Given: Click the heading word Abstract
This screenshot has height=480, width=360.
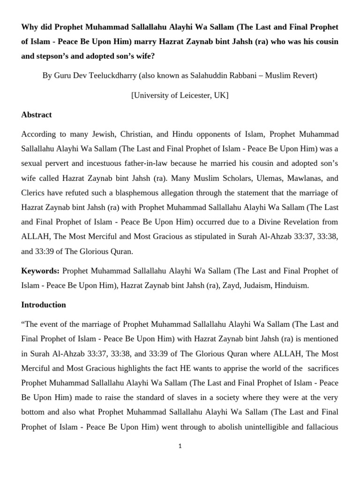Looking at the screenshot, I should [x=37, y=115].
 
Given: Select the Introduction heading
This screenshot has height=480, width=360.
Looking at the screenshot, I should [x=44, y=305].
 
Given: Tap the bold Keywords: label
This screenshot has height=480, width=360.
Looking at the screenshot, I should [x=40, y=271].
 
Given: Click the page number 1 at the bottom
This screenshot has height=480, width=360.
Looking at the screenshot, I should [x=180, y=446].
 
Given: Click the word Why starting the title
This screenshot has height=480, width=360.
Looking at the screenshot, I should [x=30, y=27].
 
